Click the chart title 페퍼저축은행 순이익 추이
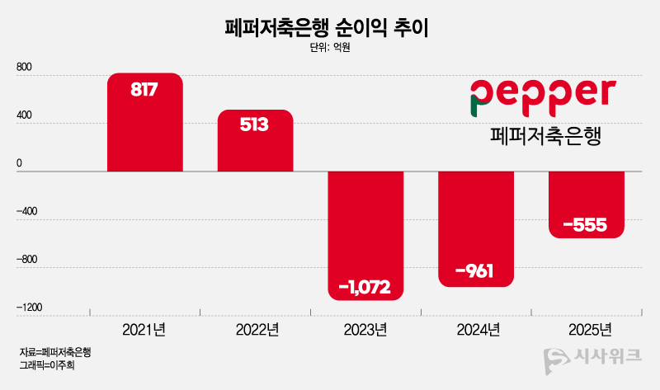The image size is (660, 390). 330,26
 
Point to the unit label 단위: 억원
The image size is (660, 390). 330,48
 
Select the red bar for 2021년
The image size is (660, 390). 144,124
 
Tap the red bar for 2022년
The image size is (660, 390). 255,142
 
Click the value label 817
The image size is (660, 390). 144,89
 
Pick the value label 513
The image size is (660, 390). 255,125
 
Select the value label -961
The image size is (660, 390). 474,270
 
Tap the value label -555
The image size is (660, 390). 586,223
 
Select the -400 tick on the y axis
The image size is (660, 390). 27,211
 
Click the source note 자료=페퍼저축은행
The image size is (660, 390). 54,352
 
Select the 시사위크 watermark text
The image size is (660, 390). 606,359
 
